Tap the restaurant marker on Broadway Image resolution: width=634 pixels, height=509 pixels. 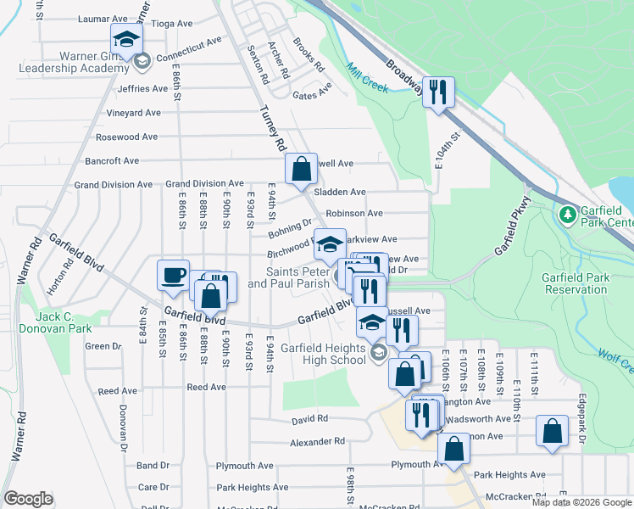click(438, 92)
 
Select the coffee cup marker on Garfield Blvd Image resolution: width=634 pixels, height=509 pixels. click(174, 275)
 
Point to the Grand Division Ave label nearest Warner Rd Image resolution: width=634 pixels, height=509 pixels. click(113, 184)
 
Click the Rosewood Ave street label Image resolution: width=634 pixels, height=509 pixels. click(126, 137)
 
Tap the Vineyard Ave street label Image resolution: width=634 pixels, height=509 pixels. click(133, 113)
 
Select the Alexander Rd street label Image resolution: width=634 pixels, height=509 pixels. click(317, 442)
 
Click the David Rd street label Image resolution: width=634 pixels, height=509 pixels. click(309, 419)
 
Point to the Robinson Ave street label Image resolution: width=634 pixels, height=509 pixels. click(354, 213)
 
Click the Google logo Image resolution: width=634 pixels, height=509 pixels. click(28, 499)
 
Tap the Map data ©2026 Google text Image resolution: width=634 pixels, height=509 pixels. click(581, 502)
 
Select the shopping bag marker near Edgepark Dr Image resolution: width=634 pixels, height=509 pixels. click(552, 430)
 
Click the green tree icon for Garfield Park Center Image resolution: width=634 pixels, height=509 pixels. click(565, 212)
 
